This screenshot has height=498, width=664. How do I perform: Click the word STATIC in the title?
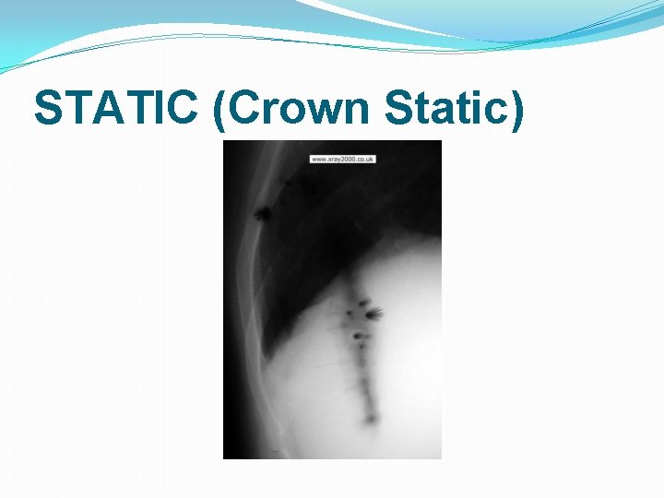(117, 108)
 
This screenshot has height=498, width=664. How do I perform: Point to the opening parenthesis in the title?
(219, 110)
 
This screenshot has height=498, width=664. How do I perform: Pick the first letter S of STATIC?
(47, 108)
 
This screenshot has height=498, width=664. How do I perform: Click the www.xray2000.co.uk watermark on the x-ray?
(343, 160)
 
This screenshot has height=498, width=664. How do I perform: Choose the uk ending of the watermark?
(371, 160)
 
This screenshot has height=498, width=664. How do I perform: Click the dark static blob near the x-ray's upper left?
(263, 214)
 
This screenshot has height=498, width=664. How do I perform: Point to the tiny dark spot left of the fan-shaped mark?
(350, 315)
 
